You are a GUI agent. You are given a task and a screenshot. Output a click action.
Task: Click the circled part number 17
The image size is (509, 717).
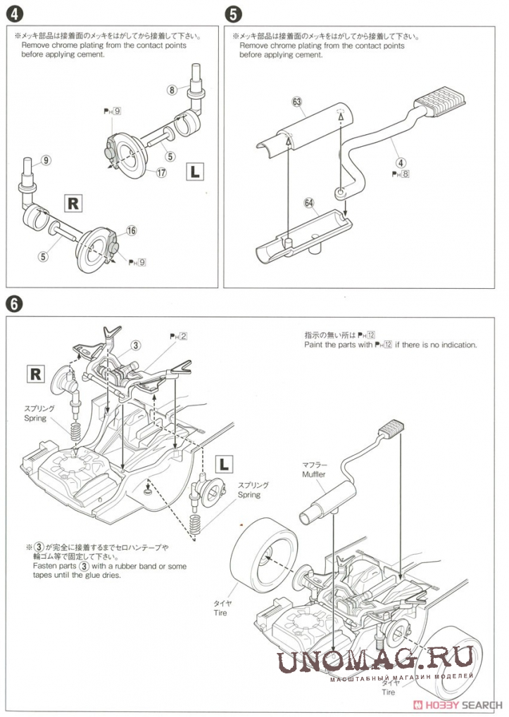(161, 173)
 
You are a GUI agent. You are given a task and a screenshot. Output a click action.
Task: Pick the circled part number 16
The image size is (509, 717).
(131, 231)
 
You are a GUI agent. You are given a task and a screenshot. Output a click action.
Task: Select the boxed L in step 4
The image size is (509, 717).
(195, 170)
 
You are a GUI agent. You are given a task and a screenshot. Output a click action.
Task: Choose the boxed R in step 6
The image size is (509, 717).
(35, 373)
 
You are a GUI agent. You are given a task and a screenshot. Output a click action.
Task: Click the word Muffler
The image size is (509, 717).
(314, 474)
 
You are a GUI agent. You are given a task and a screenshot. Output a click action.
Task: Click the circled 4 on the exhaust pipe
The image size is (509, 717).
(400, 162)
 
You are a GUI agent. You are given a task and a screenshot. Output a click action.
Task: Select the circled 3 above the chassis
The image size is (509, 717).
(136, 344)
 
